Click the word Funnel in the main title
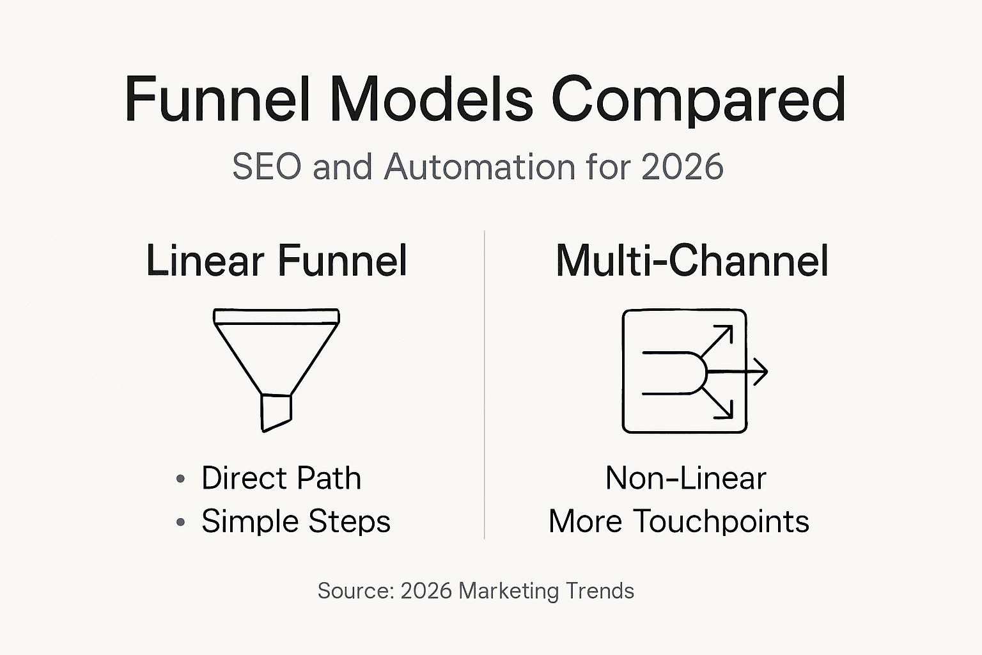point(217,100)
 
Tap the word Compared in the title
point(698,101)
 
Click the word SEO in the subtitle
point(266,167)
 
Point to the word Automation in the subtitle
point(479,167)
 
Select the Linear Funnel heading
point(276,261)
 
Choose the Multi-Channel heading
point(692,261)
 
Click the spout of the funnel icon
point(276,412)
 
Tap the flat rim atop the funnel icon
point(276,316)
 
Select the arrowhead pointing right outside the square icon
point(761,371)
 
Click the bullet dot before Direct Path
point(181,478)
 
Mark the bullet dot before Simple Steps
point(181,522)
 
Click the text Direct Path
point(281,478)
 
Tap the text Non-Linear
point(685,478)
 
